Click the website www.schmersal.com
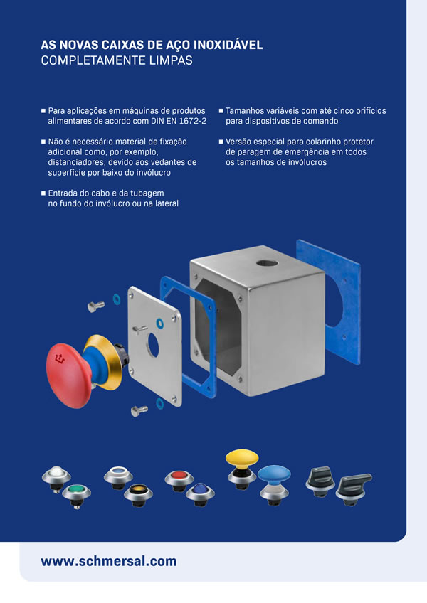coord(109,561)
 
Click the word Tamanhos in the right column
coord(246,111)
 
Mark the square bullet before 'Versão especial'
coord(221,142)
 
